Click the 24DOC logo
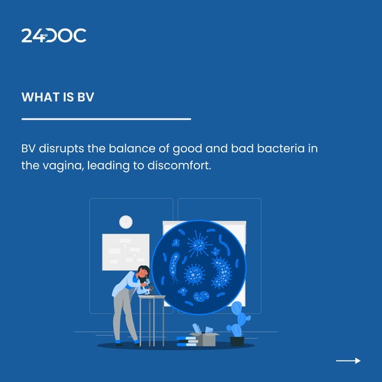(x=54, y=35)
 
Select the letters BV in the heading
(x=86, y=97)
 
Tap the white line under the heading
(x=106, y=119)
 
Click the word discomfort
(x=180, y=165)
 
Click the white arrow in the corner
(x=348, y=360)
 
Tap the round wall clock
(x=126, y=222)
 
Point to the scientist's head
(x=144, y=272)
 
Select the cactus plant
(x=238, y=320)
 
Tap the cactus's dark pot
(x=237, y=341)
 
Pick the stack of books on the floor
(x=186, y=342)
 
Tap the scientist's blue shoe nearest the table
(x=137, y=343)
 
